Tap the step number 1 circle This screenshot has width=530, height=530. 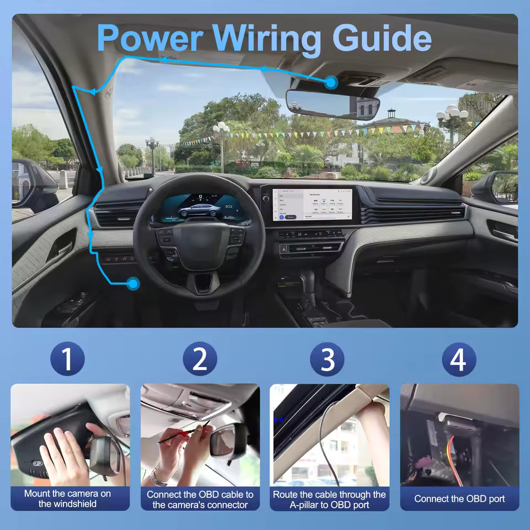point(67,359)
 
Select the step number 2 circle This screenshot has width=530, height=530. point(200,359)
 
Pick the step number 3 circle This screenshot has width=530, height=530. point(328,359)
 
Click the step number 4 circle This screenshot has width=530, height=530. point(458,359)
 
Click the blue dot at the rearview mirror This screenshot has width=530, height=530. point(331,83)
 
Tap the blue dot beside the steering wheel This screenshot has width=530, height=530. point(132,284)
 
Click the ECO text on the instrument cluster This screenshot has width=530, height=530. point(230,209)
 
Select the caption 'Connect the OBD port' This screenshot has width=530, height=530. point(459,499)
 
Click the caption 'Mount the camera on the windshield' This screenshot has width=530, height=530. point(68,499)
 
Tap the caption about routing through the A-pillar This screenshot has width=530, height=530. point(329,499)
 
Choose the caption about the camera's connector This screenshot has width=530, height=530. point(200,499)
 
